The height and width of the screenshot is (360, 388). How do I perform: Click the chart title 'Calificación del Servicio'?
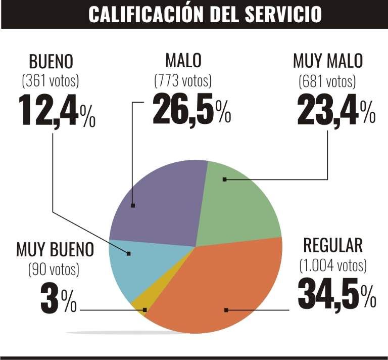pos(205,14)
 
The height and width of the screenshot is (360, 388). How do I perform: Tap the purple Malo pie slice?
pos(157,202)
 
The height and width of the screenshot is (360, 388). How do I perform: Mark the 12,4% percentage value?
pos(57,111)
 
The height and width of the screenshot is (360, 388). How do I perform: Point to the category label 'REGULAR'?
pos(333,245)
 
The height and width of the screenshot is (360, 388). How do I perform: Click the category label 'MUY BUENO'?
pos(55,249)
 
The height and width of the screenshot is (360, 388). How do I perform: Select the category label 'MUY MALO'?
pos(328,61)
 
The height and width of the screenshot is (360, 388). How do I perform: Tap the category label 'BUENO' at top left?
pos(51,62)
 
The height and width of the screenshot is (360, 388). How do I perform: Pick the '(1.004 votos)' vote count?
pos(333,264)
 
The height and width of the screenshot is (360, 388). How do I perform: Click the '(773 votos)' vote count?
pos(183,80)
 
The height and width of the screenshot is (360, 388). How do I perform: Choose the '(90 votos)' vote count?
pos(54,269)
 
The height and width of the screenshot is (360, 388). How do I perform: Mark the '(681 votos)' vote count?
pos(327,80)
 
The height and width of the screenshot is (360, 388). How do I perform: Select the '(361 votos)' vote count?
pos(51,80)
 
